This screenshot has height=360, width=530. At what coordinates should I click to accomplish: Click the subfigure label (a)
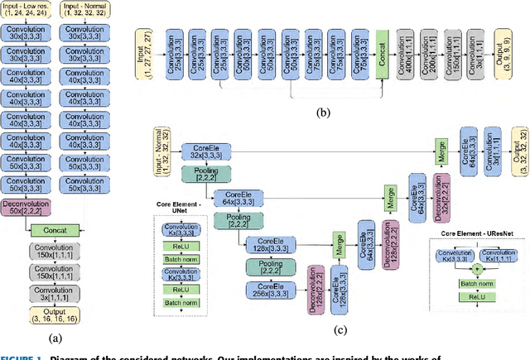click(55, 337)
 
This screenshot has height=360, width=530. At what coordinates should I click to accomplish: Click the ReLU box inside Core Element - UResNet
click(476, 295)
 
